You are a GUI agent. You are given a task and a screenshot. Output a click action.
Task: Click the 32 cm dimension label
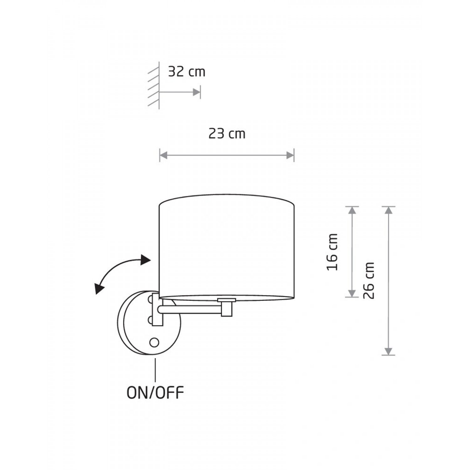click(x=187, y=72)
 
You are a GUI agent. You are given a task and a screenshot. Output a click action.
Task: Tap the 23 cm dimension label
click(x=227, y=134)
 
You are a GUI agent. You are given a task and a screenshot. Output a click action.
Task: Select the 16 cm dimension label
click(x=332, y=252)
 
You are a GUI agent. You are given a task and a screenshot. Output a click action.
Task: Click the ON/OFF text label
click(x=155, y=393)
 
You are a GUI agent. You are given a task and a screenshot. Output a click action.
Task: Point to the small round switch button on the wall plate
click(x=154, y=342)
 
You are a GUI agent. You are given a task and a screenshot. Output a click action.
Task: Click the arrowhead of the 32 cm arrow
click(x=196, y=92)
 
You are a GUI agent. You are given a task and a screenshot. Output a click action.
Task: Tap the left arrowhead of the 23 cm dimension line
click(x=164, y=155)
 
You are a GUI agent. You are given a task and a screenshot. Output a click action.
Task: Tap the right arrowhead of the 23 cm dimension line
click(x=290, y=155)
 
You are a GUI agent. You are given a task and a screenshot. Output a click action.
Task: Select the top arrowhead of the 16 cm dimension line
click(x=352, y=210)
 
